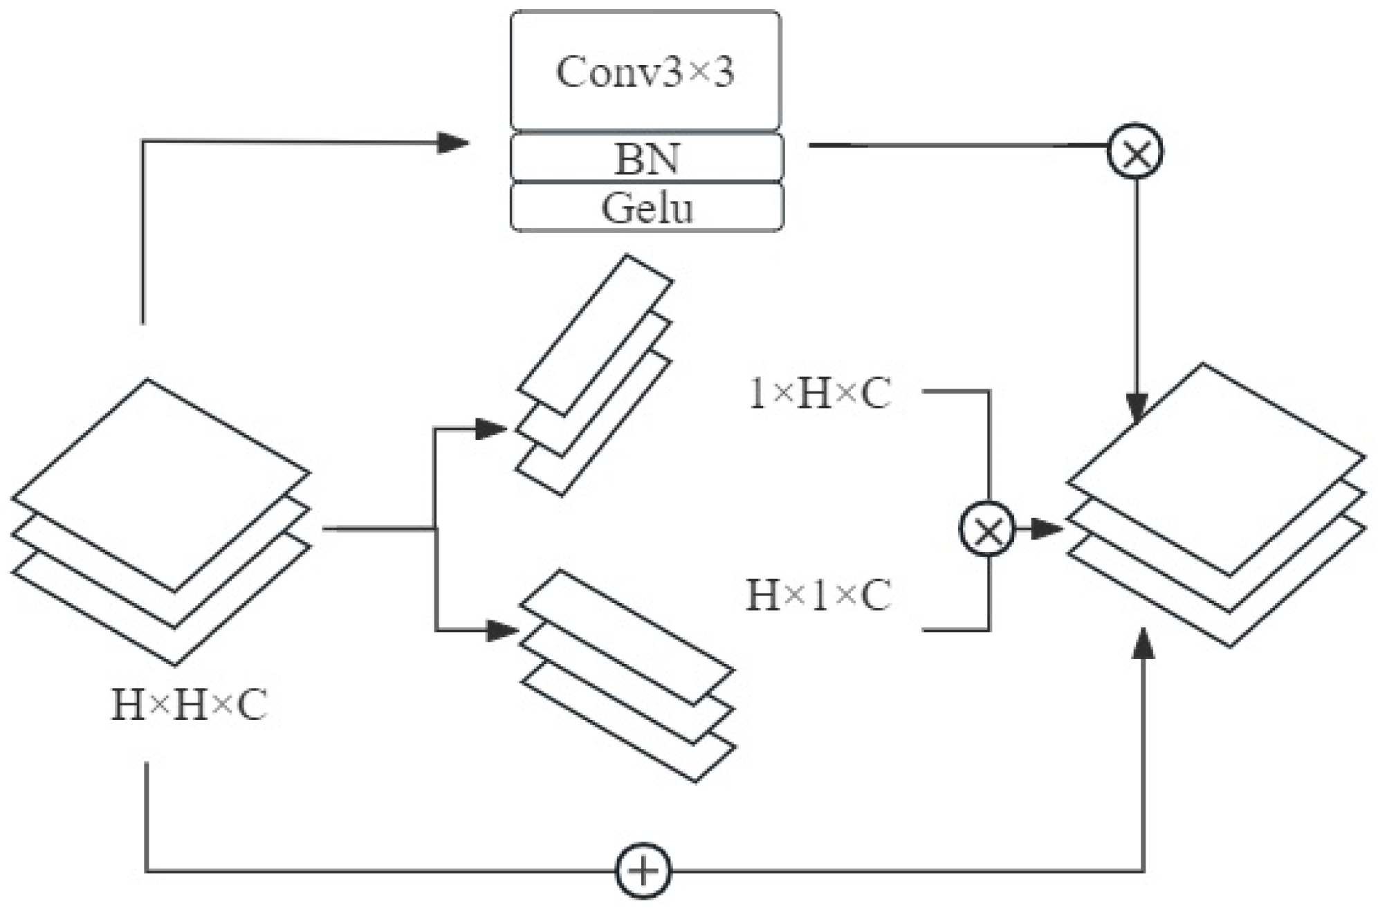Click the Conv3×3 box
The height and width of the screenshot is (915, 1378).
[x=645, y=71]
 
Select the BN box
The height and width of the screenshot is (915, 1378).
[x=647, y=158]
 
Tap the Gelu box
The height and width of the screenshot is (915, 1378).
[x=647, y=207]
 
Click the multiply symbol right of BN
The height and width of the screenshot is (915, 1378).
[x=1135, y=151]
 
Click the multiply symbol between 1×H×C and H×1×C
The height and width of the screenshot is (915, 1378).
[x=987, y=529]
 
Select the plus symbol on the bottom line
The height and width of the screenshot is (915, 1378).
[x=643, y=871]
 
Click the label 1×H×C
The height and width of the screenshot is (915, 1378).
[x=820, y=395]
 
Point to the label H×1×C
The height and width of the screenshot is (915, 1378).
[x=819, y=595]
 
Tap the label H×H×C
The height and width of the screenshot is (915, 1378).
[x=189, y=706]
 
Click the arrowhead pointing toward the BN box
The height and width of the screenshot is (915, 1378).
[x=453, y=144]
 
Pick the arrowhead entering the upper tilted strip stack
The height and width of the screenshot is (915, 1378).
[x=493, y=429]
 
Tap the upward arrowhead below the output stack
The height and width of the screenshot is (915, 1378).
[x=1144, y=645]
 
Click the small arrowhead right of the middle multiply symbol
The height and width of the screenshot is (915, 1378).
[x=1046, y=529]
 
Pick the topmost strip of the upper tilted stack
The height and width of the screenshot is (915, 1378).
[x=596, y=335]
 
